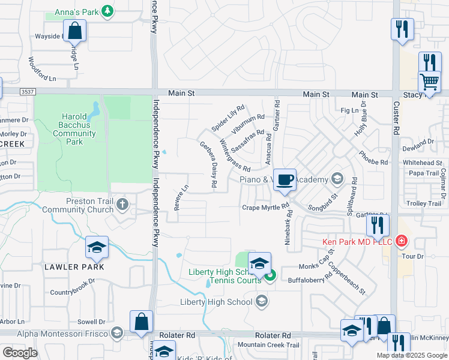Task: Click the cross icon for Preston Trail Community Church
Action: [122, 205]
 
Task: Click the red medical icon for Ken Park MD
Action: [401, 242]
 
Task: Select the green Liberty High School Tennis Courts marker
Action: [271, 276]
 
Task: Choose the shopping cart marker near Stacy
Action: [429, 81]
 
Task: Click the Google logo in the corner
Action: [20, 352]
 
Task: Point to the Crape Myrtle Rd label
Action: [266, 208]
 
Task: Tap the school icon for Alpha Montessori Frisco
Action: [117, 334]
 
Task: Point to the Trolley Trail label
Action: [424, 203]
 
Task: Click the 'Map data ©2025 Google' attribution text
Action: [411, 355]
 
